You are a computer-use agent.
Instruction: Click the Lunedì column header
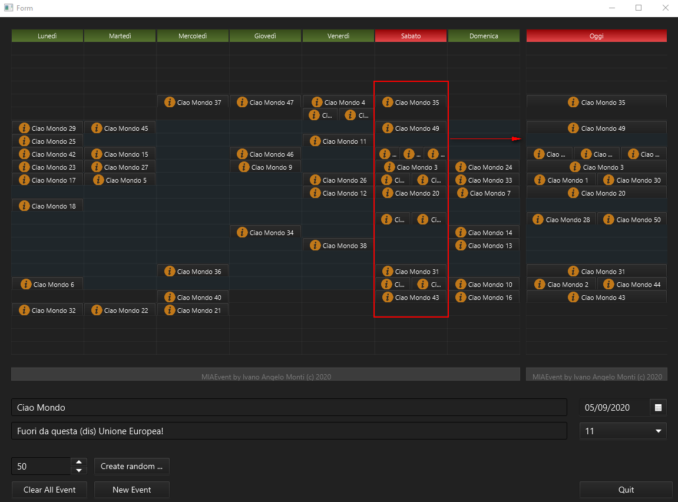coord(47,36)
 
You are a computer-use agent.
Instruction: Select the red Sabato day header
coord(411,36)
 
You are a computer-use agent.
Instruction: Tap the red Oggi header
coord(596,36)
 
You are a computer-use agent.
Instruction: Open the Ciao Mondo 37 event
coord(193,103)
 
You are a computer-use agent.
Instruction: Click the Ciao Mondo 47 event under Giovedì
coord(265,103)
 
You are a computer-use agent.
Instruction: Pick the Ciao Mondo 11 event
coord(338,141)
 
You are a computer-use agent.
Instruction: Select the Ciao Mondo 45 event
coord(120,128)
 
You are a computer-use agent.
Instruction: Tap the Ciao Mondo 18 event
coord(48,206)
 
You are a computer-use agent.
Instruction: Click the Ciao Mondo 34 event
coord(265,233)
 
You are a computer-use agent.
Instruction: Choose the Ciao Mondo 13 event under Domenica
coord(484,246)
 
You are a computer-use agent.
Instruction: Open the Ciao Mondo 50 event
coord(632,220)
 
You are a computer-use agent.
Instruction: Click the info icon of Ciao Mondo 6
coord(25,285)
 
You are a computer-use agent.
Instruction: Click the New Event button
coord(132,490)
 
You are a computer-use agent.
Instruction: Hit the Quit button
coord(626,490)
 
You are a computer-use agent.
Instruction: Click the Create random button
coord(132,466)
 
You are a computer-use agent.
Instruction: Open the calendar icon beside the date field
coord(658,407)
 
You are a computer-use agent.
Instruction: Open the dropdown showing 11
coord(623,431)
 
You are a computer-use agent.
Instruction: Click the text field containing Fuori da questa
coord(289,431)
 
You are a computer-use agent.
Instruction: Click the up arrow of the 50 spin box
coord(79,462)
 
